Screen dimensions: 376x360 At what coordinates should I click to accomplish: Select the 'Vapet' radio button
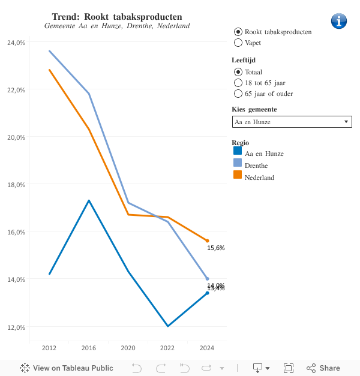pyautogui.click(x=238, y=43)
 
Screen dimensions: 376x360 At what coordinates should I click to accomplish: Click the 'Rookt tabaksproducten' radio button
pyautogui.click(x=238, y=31)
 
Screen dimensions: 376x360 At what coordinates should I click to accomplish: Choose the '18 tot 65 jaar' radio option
pyautogui.click(x=238, y=83)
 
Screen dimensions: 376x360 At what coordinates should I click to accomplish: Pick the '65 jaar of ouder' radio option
pyautogui.click(x=238, y=94)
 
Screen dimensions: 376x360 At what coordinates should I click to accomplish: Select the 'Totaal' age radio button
pyautogui.click(x=238, y=72)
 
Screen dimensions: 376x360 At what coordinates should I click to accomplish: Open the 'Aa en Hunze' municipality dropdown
pyautogui.click(x=292, y=122)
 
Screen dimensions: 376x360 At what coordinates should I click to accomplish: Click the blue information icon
pyautogui.click(x=339, y=20)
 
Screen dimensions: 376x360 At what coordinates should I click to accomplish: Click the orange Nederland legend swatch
pyautogui.click(x=237, y=175)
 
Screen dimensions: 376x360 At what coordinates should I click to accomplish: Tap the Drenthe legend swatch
pyautogui.click(x=237, y=163)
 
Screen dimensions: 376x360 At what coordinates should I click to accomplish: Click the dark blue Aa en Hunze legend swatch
pyautogui.click(x=237, y=151)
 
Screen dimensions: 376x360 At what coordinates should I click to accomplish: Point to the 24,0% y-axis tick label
pyautogui.click(x=16, y=43)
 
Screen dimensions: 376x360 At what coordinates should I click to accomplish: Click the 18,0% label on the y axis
pyautogui.click(x=16, y=185)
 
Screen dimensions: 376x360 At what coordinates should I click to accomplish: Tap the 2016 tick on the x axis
pyautogui.click(x=89, y=348)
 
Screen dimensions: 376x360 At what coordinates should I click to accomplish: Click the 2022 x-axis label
pyautogui.click(x=167, y=348)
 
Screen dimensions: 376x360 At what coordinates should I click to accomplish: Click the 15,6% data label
pyautogui.click(x=215, y=248)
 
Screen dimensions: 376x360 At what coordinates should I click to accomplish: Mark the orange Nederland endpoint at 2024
pyautogui.click(x=207, y=240)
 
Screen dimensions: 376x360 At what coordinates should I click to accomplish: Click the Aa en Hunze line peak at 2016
pyautogui.click(x=89, y=200)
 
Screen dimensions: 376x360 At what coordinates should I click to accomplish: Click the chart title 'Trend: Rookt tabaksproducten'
pyautogui.click(x=117, y=16)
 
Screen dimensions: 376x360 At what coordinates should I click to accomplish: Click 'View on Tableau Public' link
pyautogui.click(x=67, y=368)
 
